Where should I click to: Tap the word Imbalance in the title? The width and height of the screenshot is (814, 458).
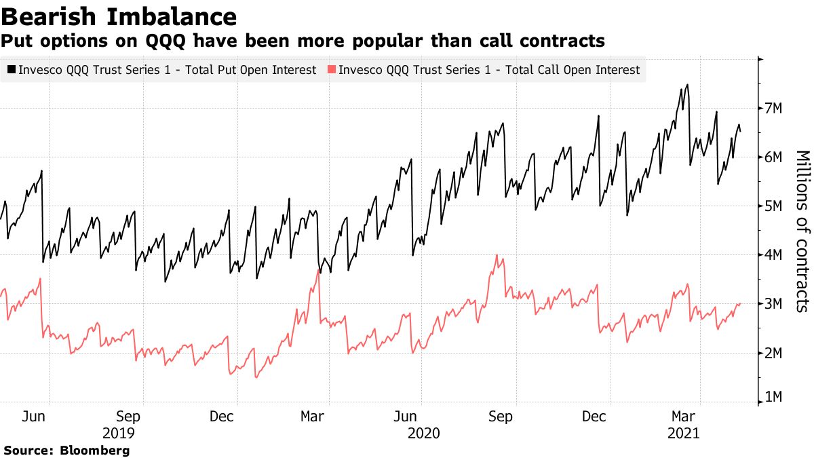(x=177, y=16)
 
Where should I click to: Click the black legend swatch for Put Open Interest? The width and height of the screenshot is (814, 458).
(x=12, y=70)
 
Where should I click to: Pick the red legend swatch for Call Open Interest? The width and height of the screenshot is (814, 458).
(x=331, y=70)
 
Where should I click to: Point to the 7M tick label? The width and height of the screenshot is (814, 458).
(x=773, y=109)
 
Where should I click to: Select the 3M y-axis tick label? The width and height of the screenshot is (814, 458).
(x=773, y=304)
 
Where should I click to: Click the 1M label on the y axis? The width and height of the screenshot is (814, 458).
(x=773, y=398)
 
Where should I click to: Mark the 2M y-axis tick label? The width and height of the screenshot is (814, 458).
(x=773, y=353)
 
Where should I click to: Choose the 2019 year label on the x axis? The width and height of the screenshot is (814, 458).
(x=119, y=433)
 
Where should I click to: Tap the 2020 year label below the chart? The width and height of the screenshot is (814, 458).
(x=424, y=433)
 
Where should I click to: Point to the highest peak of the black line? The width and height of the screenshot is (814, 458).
(x=687, y=85)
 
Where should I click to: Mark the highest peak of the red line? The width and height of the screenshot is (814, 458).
(x=497, y=255)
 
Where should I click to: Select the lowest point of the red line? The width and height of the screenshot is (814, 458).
(x=256, y=377)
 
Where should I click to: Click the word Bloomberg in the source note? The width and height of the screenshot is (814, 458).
(x=95, y=450)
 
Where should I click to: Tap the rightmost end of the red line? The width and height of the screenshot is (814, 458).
(x=740, y=303)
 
